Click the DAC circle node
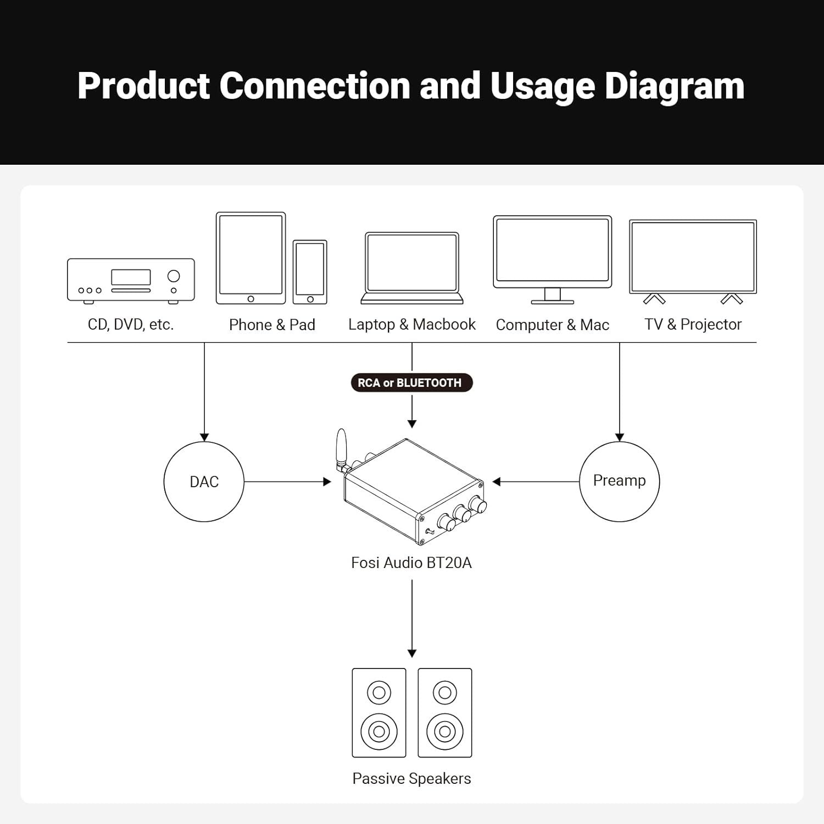[204, 482]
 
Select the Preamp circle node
[619, 481]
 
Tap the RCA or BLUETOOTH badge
[411, 383]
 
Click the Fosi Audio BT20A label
[411, 563]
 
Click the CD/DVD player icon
[131, 280]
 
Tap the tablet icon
[250, 258]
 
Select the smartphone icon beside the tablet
[310, 272]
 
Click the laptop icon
[412, 268]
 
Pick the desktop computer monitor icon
[553, 258]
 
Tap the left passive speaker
[379, 712]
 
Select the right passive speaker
[445, 712]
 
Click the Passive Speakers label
[411, 778]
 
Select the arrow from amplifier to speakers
[412, 618]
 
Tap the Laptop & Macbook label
[411, 325]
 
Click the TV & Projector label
[693, 325]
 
